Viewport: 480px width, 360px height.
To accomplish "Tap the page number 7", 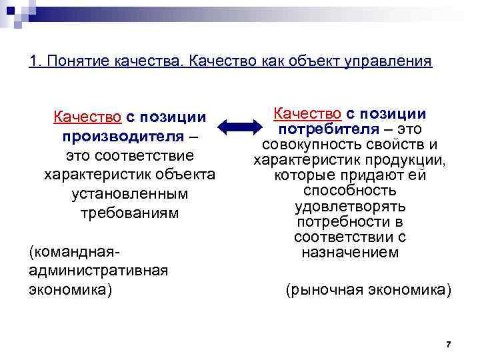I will [x=448, y=344].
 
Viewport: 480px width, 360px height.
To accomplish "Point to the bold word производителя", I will [x=125, y=137].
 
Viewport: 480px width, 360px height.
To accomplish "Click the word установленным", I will [x=129, y=194].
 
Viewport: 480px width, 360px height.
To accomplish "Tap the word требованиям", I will [x=129, y=213].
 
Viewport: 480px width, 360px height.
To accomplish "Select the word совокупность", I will [x=307, y=145].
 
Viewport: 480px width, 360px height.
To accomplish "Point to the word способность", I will [x=350, y=191].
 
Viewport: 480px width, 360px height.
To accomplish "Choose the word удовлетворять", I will [x=350, y=207].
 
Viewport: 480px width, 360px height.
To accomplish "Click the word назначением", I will [x=350, y=253].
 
